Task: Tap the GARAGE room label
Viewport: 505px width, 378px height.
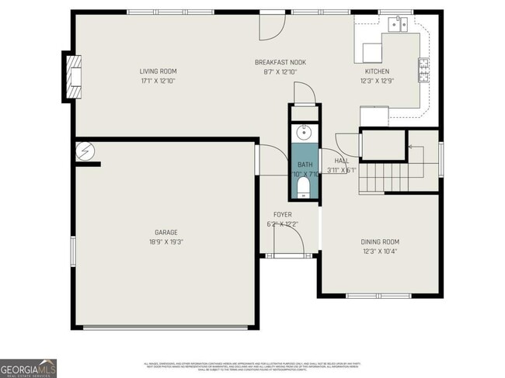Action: (166, 232)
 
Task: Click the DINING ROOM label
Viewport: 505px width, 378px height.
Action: (381, 241)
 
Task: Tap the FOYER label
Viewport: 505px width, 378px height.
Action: (282, 214)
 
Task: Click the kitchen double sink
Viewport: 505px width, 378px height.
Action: (399, 24)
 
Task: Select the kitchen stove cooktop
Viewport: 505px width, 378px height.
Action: (424, 70)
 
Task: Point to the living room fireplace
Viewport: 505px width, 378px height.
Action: (74, 75)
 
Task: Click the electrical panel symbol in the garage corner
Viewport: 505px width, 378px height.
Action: (82, 151)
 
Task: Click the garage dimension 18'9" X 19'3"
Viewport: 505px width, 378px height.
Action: (166, 242)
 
